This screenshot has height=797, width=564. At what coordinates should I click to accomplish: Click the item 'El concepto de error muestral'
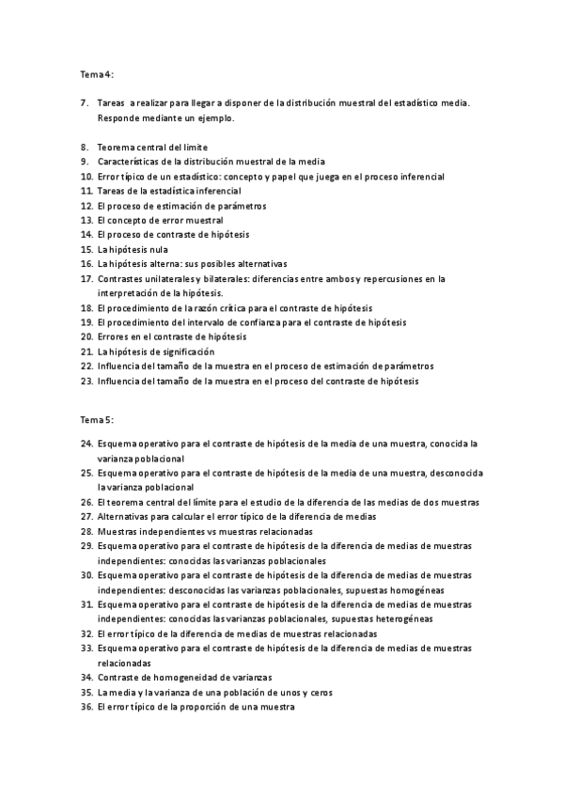[160, 219]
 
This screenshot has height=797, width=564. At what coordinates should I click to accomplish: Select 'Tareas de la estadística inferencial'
[168, 191]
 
